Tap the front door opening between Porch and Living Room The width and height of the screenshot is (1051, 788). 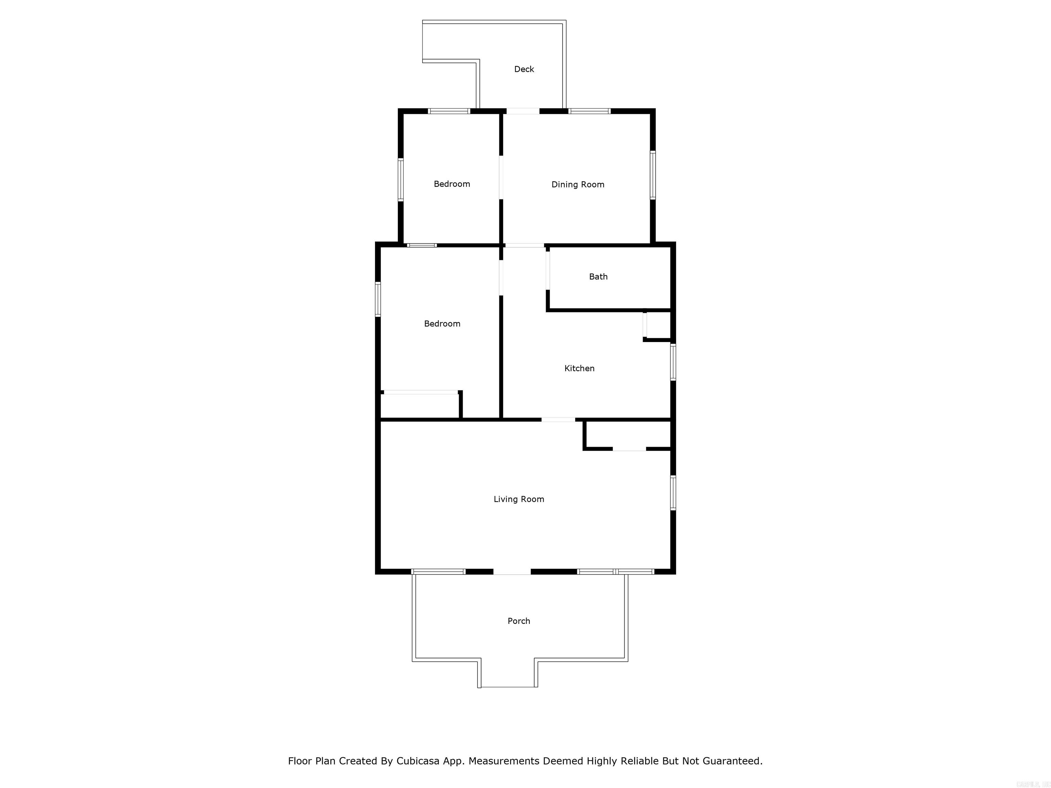point(512,572)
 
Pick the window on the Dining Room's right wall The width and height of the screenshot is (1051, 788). point(653,175)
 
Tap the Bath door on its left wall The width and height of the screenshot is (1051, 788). point(548,270)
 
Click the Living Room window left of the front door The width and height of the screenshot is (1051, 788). point(438,572)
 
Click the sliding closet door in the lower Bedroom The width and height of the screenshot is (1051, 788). point(420,392)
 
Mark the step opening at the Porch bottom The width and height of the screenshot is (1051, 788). point(508,687)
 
